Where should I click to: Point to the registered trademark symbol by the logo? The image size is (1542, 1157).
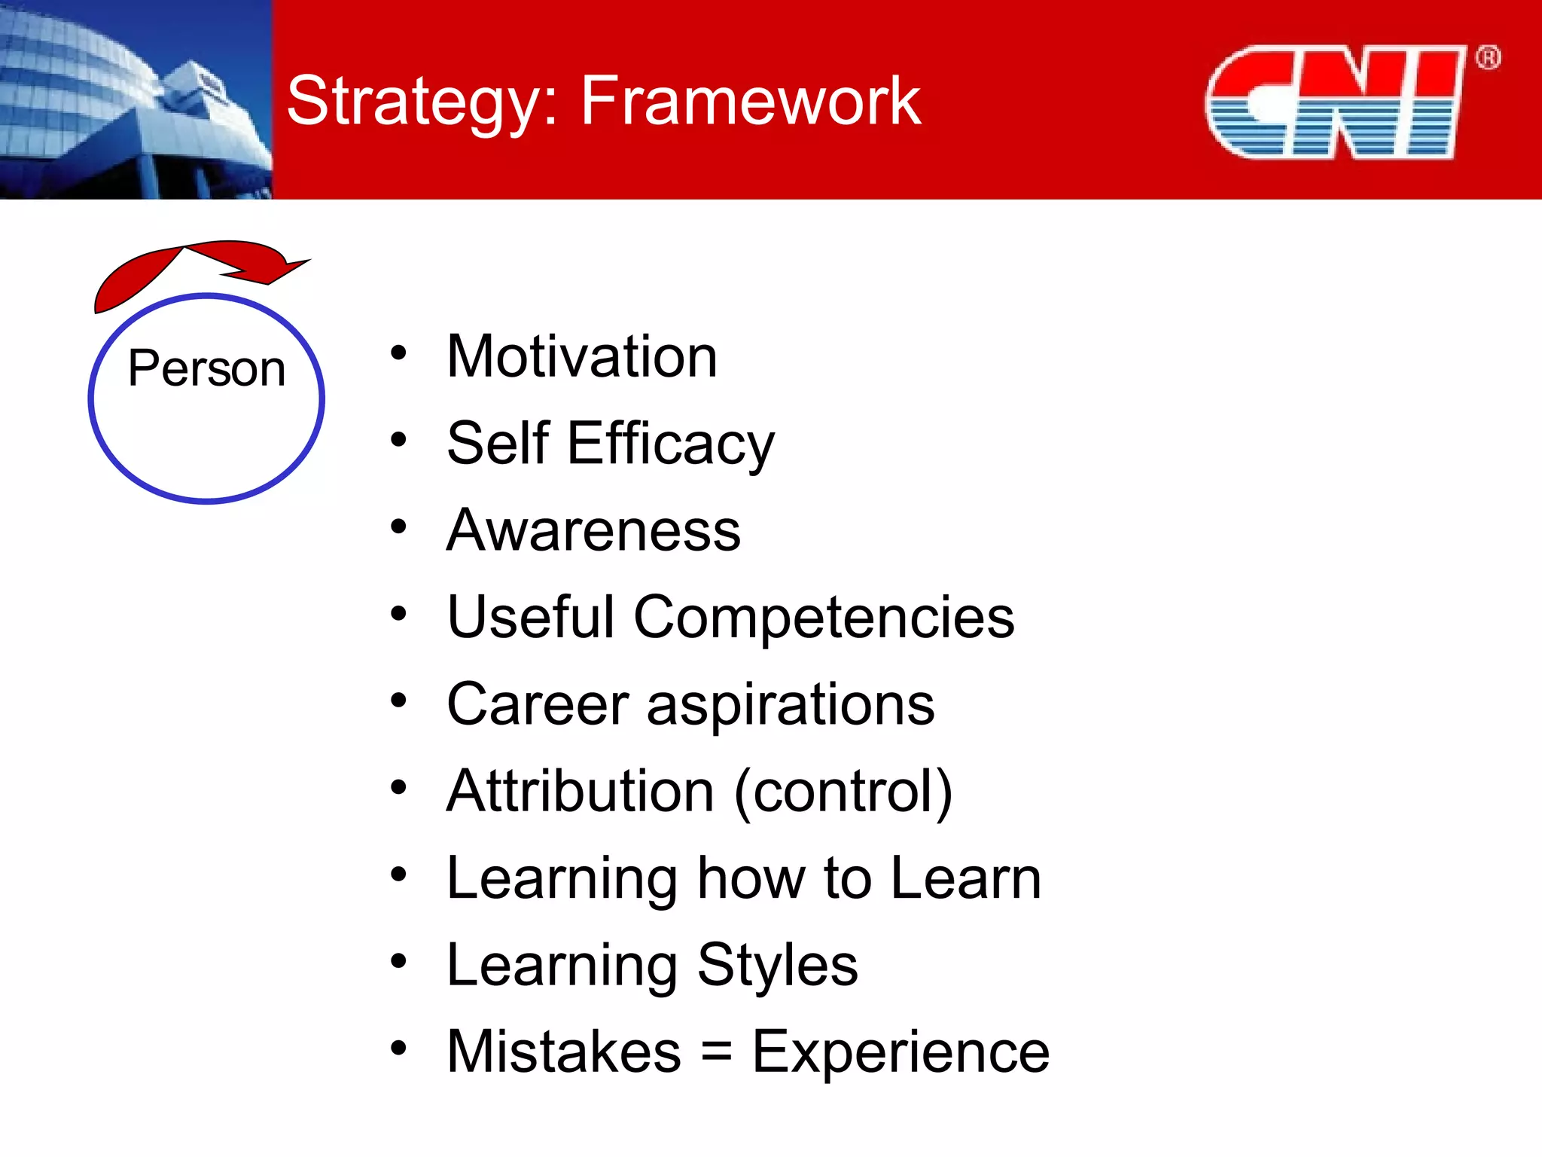1488,58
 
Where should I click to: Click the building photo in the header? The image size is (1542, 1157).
136,99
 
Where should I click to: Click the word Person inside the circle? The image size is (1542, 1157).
206,368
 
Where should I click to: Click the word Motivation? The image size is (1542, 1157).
581,356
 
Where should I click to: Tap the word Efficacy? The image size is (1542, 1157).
670,444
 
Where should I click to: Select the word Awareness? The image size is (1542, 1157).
593,530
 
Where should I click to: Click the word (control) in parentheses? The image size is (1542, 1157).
843,792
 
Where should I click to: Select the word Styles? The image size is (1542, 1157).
777,965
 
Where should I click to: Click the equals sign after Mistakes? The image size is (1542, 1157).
716,1052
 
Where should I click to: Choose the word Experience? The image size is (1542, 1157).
901,1052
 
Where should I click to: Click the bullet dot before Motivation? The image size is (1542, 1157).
398,353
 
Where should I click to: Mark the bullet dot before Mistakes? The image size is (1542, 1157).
398,1047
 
